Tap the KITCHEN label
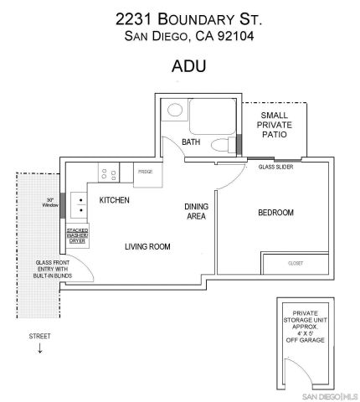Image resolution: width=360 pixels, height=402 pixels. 115,201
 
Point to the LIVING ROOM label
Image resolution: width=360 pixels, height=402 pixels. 147,246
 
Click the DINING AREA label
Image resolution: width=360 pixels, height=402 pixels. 196,212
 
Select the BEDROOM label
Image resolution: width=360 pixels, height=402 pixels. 275,213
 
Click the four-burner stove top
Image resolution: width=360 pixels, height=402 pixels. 108,173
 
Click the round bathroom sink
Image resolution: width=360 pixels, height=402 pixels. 174,110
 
